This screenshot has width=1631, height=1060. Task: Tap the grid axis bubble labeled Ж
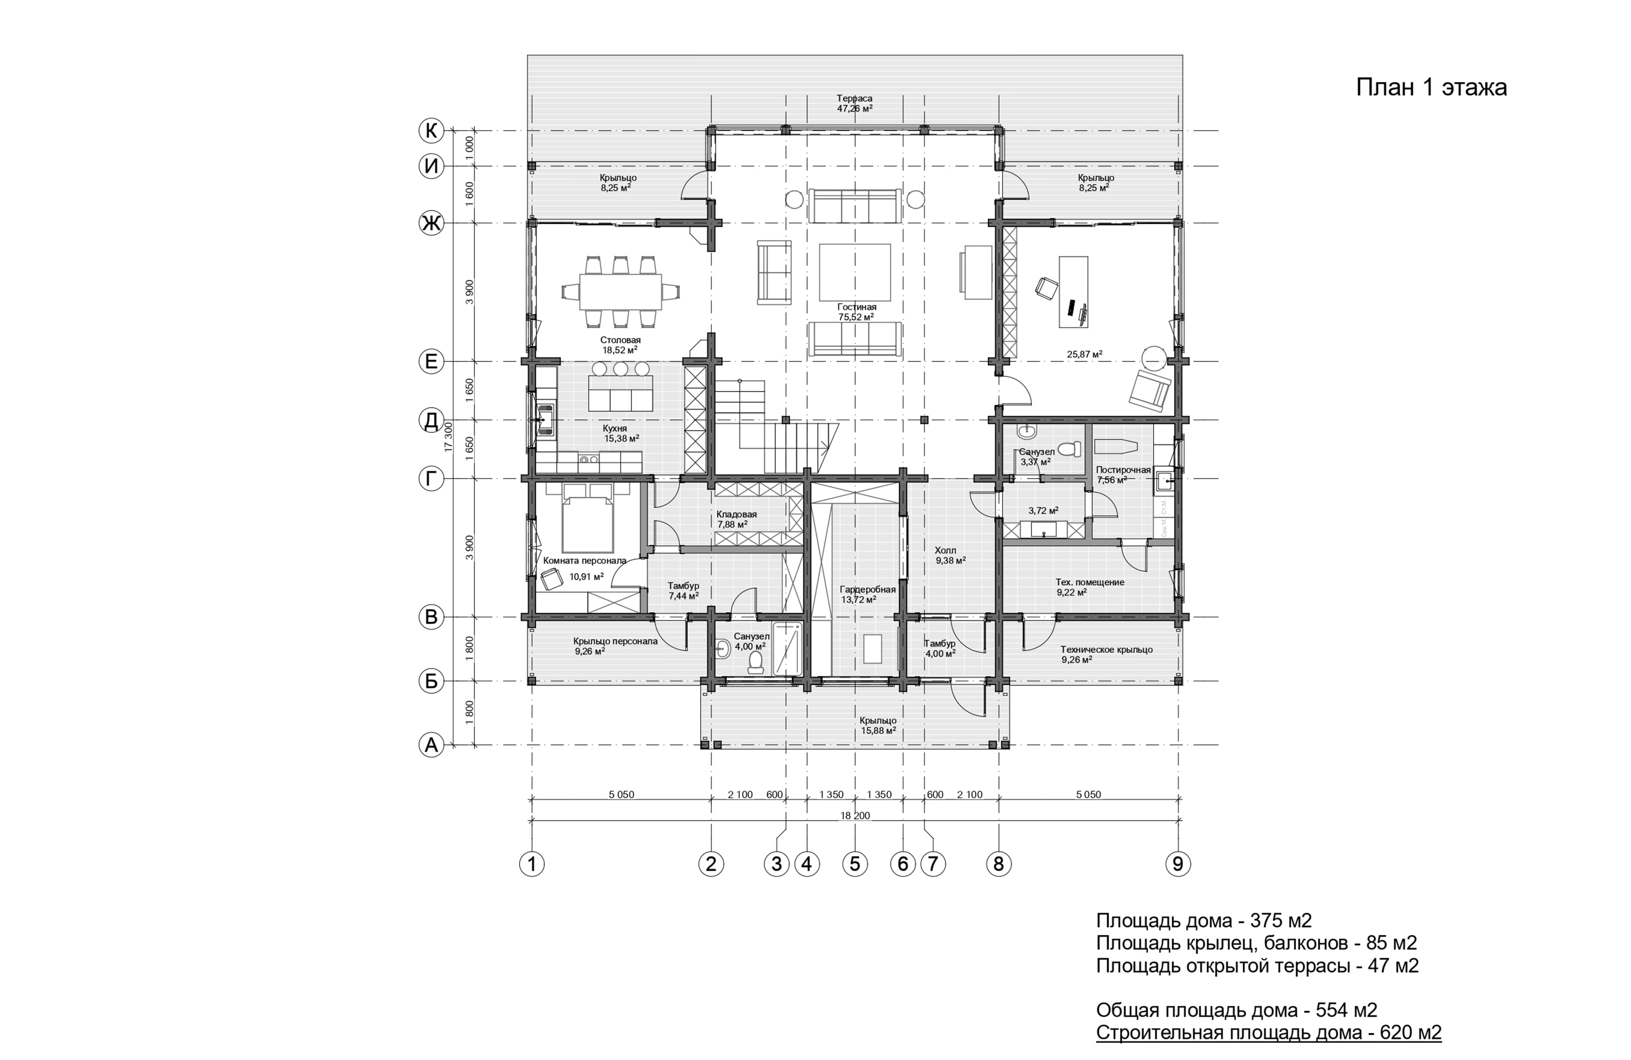[x=431, y=223]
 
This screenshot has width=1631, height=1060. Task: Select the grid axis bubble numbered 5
[x=855, y=864]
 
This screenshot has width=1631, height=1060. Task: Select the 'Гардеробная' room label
[x=868, y=589]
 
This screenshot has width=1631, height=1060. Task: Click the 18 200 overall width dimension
[x=855, y=815]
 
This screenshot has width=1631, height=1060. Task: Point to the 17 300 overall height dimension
[x=449, y=437]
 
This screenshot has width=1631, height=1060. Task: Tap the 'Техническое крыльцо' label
[x=1107, y=649]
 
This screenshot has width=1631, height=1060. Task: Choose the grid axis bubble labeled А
[x=431, y=745]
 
